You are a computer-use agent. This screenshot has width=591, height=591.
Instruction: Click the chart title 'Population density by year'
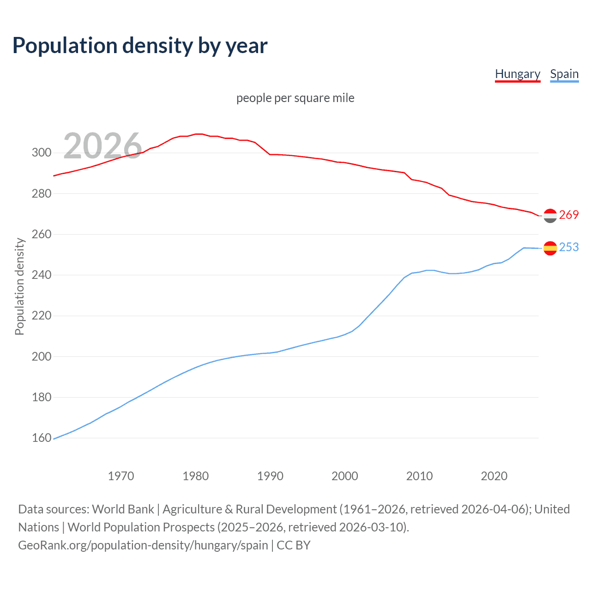140,46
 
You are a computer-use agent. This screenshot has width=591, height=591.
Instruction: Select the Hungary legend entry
517,74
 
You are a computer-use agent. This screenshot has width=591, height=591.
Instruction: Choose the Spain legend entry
564,74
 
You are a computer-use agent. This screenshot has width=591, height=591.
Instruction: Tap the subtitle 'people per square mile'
295,98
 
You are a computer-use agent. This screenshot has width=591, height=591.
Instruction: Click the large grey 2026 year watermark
102,146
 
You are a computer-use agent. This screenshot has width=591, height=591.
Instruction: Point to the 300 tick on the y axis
42,153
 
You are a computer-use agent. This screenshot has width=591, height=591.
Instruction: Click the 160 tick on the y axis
42,438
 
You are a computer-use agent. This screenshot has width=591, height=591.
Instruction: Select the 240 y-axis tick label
42,275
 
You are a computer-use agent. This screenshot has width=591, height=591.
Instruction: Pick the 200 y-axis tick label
42,356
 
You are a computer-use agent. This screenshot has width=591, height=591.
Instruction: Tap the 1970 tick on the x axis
121,476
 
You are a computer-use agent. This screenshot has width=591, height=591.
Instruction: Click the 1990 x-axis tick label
270,476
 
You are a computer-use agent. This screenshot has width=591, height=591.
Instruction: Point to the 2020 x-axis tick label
494,476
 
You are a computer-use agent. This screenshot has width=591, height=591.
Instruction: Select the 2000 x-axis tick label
345,476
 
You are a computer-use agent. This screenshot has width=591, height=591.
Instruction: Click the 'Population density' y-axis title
19,286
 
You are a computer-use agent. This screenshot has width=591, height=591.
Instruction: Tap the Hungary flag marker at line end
550,216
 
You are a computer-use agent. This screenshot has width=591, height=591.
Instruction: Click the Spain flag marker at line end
550,248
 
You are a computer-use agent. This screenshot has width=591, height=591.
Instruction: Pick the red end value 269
569,215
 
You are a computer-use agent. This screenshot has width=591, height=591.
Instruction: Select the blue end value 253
569,247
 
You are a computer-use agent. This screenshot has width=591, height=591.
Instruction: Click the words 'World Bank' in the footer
123,509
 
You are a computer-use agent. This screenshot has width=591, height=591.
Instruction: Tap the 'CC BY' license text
294,545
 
